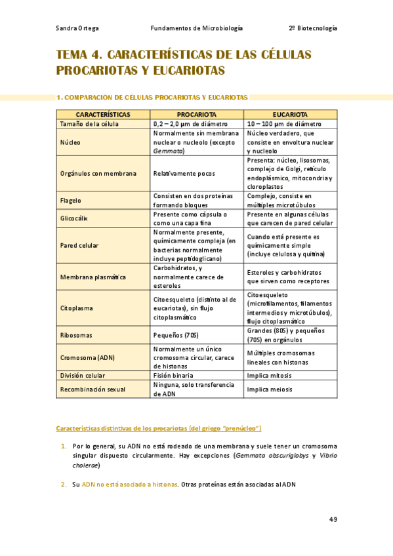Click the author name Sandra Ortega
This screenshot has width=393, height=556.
pos(77,28)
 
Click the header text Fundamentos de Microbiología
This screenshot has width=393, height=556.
pos(197,28)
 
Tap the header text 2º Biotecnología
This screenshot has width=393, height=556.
pos(313,28)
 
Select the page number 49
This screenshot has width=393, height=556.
pos(333,519)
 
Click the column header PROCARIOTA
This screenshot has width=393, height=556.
pos(197,114)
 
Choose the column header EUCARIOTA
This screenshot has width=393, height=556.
pos(291,114)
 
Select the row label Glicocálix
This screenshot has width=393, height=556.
pos(73,218)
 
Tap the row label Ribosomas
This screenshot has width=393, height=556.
pos(75,335)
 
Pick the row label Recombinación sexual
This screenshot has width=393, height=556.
pos(93,389)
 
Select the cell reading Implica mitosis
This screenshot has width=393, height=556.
pos(270,376)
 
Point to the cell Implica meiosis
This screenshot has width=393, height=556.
pos(270,389)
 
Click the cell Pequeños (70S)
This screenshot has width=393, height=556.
pos(176,335)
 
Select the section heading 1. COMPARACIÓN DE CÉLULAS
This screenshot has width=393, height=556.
pos(152,97)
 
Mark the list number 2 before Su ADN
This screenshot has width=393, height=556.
pos(64,485)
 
